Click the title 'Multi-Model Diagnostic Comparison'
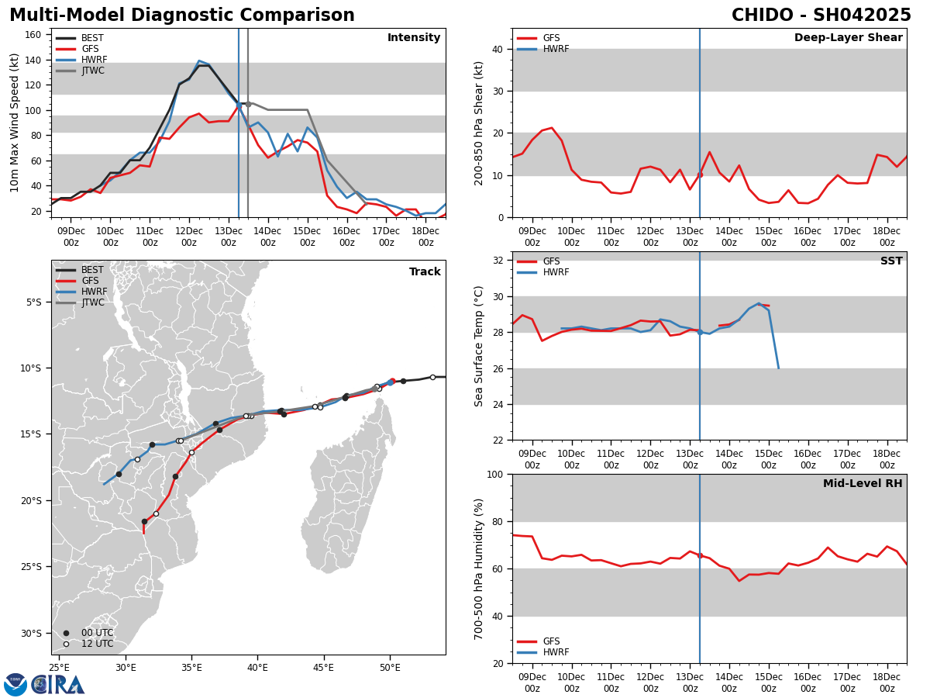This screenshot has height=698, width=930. click(x=182, y=16)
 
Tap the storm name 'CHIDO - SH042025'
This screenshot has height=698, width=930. click(x=821, y=16)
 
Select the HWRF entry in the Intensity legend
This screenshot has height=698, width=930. click(x=94, y=60)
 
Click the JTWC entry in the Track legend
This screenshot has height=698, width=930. click(x=93, y=302)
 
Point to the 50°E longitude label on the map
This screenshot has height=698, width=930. click(x=390, y=667)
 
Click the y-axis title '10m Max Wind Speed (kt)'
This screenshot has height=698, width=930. click(x=15, y=123)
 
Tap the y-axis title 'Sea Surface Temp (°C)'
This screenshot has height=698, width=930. click(x=479, y=346)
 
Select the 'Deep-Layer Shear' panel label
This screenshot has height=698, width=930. click(x=848, y=38)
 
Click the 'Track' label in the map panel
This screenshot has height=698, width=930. click(x=425, y=272)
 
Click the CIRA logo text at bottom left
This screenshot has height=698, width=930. click(x=58, y=685)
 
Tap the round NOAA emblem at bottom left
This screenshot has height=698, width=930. click(x=15, y=685)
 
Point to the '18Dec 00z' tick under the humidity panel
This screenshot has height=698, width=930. click(x=887, y=682)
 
